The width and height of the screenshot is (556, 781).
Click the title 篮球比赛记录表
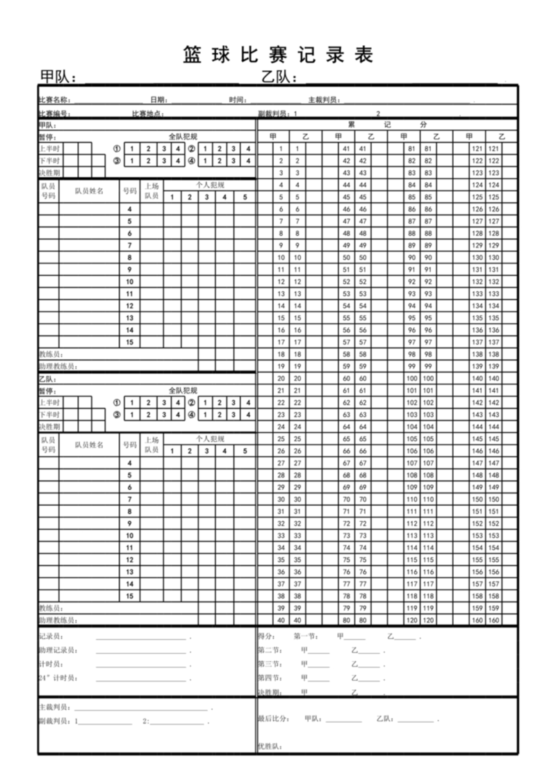[278, 54]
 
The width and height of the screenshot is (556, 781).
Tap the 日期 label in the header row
[158, 100]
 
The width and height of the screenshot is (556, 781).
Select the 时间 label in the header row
[237, 100]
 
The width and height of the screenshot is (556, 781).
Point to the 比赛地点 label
[147, 113]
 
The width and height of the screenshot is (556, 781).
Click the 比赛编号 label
[54, 113]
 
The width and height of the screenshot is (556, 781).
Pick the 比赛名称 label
[54, 100]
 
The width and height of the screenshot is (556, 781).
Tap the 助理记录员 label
[58, 650]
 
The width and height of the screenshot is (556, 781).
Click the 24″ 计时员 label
[57, 677]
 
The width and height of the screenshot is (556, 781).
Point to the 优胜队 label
[268, 746]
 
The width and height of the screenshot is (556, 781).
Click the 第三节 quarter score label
[269, 664]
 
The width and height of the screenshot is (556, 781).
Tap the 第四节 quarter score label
[269, 678]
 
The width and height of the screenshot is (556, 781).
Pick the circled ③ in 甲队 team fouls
[117, 161]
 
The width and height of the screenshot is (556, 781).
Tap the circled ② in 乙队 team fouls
[191, 402]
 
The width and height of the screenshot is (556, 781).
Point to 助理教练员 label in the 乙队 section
[57, 620]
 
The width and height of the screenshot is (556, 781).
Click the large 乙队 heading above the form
[279, 76]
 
